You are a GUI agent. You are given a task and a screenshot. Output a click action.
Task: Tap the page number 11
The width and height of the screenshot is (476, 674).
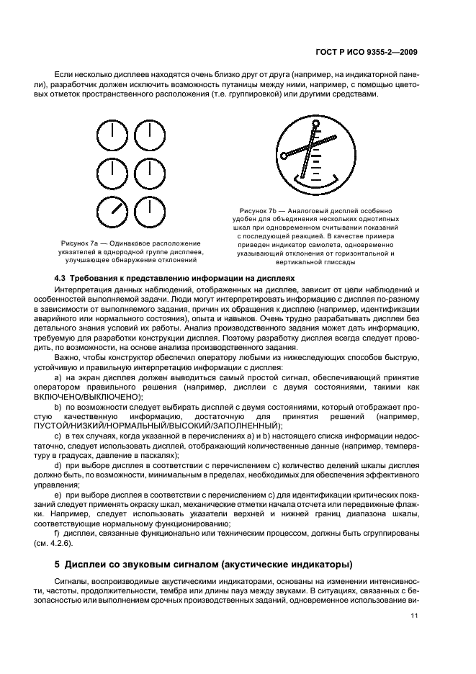(x=414, y=615)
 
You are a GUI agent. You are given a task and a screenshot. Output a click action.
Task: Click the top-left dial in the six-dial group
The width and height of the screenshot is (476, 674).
(x=114, y=135)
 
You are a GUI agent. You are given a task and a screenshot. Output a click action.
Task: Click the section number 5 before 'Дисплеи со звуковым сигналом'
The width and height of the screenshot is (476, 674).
(x=58, y=562)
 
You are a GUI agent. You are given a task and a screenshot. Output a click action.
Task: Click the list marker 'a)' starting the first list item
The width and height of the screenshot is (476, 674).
(x=58, y=377)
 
